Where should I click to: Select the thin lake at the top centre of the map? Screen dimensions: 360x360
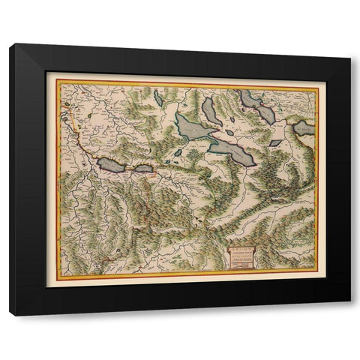(x=159, y=97)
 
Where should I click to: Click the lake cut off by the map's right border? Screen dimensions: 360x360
(x=304, y=129)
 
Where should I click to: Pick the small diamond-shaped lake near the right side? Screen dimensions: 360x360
(x=275, y=142)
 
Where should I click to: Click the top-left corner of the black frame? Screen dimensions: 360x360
(x=11, y=46)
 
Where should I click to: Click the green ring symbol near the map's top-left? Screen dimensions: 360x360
(x=67, y=104)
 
